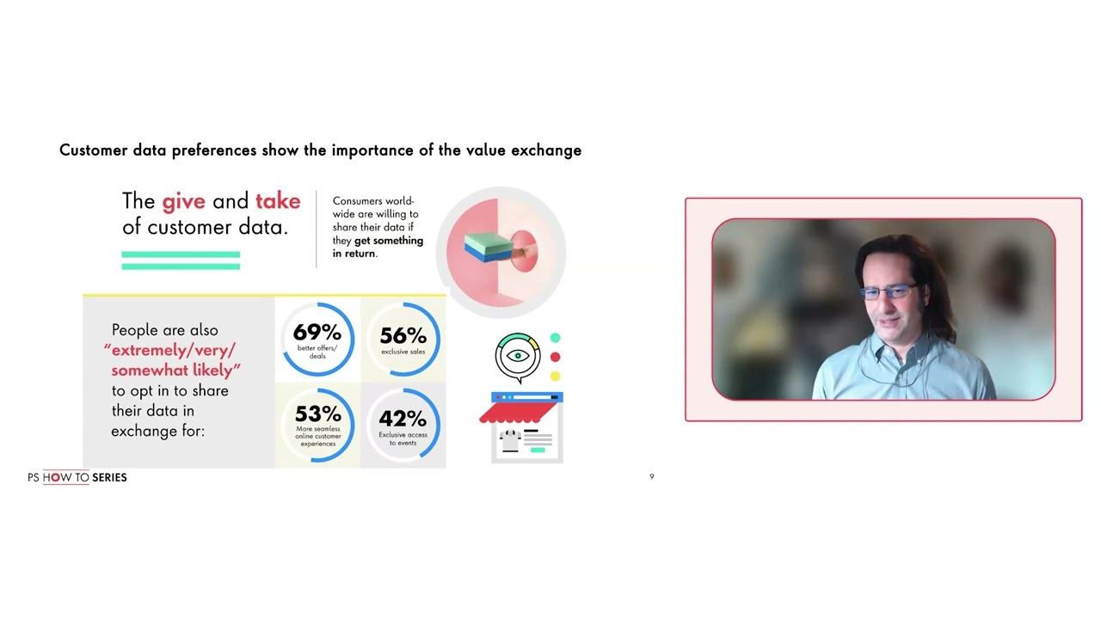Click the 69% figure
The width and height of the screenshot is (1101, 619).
tap(317, 333)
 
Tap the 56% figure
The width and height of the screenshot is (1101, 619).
tap(403, 336)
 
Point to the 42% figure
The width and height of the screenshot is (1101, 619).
tap(403, 419)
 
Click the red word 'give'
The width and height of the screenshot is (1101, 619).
tap(184, 202)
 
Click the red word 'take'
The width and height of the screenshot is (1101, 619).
tap(278, 201)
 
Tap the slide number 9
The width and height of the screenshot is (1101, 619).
tap(652, 476)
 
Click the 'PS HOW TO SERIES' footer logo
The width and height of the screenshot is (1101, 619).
tap(77, 477)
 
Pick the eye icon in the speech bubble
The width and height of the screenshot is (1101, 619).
tap(517, 356)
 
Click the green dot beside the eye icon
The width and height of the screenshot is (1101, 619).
tap(555, 338)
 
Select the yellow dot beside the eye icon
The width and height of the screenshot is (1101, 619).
tap(555, 376)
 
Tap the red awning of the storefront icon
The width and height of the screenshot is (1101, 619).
tap(520, 414)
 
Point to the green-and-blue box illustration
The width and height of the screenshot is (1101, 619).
tap(487, 247)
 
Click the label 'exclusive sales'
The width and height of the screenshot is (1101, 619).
tap(403, 352)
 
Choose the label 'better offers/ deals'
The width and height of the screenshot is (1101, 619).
tap(317, 352)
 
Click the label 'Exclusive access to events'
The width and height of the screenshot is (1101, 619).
tap(403, 438)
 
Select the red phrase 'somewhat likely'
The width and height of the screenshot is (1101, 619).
tap(175, 371)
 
